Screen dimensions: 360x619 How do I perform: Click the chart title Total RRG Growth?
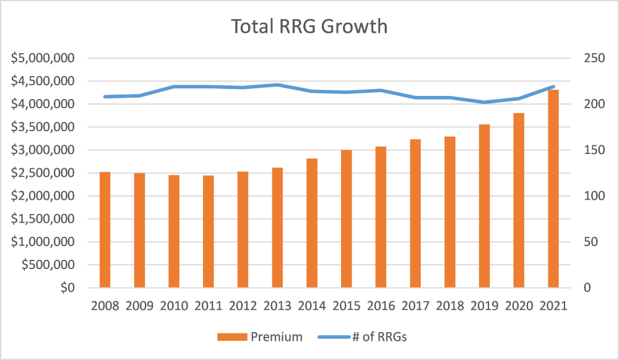pyautogui.click(x=309, y=27)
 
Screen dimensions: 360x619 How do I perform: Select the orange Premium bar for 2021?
pyautogui.click(x=553, y=189)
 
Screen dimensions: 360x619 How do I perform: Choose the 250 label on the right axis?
pyautogui.click(x=593, y=58)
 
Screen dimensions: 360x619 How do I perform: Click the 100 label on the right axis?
pyautogui.click(x=593, y=196)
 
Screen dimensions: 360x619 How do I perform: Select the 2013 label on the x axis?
pyautogui.click(x=278, y=306)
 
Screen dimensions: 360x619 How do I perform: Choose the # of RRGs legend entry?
pyautogui.click(x=361, y=337)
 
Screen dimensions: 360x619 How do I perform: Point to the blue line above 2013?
pyautogui.click(x=278, y=85)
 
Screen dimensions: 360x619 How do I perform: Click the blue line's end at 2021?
pyautogui.click(x=553, y=87)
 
